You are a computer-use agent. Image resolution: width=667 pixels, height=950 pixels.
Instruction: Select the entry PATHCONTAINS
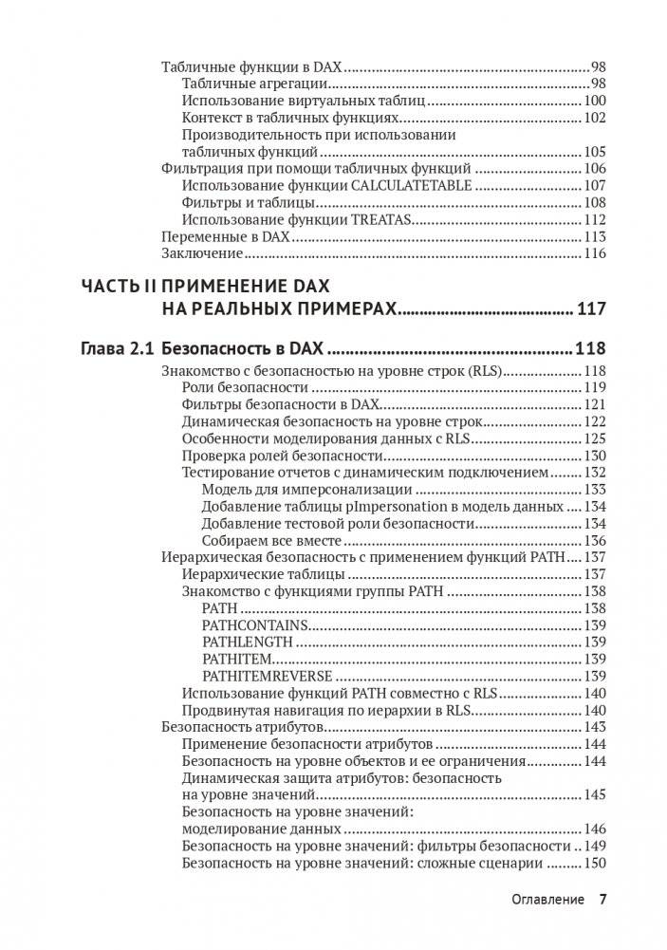coord(255,624)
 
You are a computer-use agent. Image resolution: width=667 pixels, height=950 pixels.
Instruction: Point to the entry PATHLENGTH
coord(249,642)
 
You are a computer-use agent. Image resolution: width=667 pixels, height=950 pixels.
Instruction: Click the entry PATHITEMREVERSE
coord(268,676)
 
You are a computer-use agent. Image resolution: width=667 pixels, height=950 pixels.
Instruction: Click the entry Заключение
coord(203,253)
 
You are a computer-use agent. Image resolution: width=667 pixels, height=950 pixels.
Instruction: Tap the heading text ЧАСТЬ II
coord(118,287)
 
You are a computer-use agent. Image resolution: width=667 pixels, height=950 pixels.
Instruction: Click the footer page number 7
coord(602,899)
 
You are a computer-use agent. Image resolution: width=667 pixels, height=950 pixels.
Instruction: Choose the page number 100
coord(594,101)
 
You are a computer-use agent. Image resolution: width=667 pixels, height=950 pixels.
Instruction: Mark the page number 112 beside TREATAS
coord(594,219)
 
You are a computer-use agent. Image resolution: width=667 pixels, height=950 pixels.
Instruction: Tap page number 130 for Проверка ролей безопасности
coord(594,456)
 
